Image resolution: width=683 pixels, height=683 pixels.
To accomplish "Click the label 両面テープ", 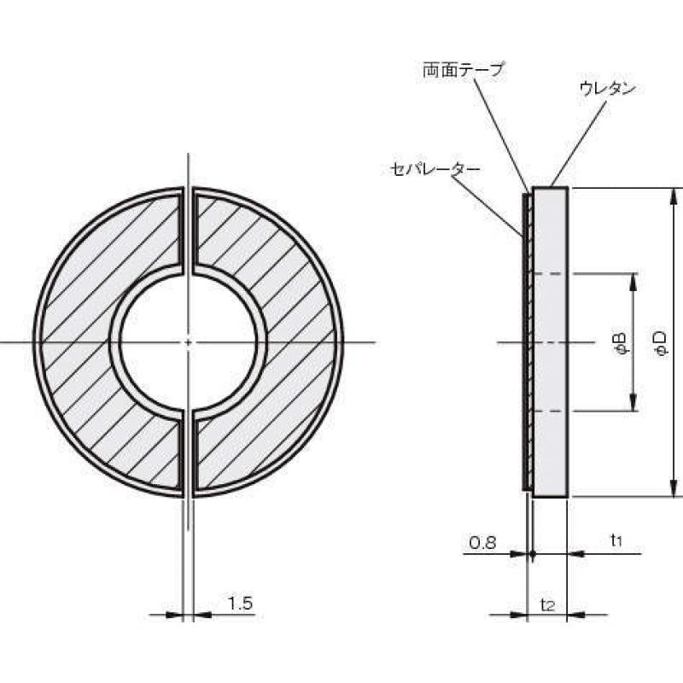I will point(464,69).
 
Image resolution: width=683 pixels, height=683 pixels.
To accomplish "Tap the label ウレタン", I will point(607,88).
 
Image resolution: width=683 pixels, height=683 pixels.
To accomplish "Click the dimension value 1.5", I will point(241,604).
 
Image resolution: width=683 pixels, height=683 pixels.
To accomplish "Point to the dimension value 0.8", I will point(482,542).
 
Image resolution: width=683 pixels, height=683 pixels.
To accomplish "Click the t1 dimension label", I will point(616,540).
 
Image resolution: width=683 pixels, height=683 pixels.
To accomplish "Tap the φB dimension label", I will point(621,341).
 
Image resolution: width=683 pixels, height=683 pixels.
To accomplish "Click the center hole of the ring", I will point(189,341).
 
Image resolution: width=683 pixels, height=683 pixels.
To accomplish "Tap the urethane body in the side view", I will point(550,341).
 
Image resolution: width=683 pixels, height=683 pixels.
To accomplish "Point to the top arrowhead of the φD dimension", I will point(674,196).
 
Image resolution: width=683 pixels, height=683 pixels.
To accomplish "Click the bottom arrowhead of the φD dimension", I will point(674,488).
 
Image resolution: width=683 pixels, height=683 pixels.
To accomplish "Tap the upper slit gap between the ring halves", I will point(189,231).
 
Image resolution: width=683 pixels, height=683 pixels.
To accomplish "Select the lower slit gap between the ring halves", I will point(189,452).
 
